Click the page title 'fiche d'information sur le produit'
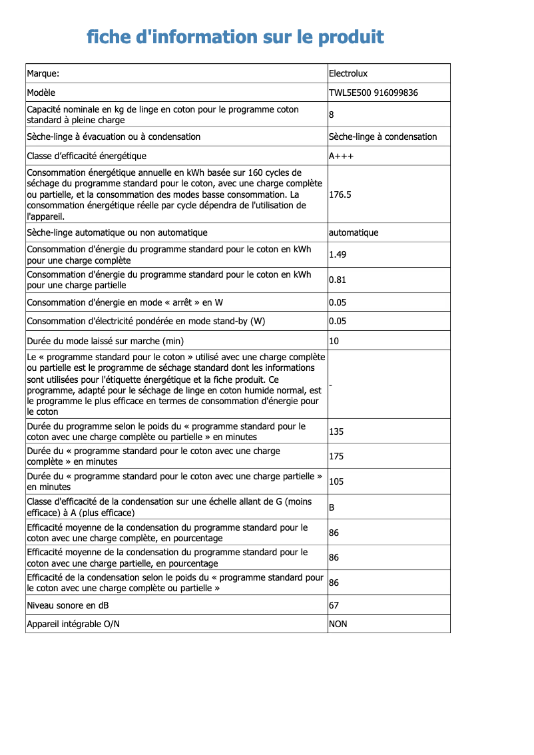235,37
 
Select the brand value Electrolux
348,73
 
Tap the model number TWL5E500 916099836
374,93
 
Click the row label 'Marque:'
43,73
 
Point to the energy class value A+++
342,156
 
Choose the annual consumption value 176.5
340,194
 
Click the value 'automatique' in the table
354,232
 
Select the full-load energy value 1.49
338,254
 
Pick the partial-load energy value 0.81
338,280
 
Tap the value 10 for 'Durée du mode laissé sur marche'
334,341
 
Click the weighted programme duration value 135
336,431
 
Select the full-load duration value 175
336,457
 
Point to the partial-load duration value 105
336,481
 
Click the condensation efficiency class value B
332,507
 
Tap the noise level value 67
334,605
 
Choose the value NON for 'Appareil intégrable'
338,624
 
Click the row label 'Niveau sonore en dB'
68,605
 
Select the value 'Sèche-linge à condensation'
383,136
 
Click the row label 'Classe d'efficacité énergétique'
87,156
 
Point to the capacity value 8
332,115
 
